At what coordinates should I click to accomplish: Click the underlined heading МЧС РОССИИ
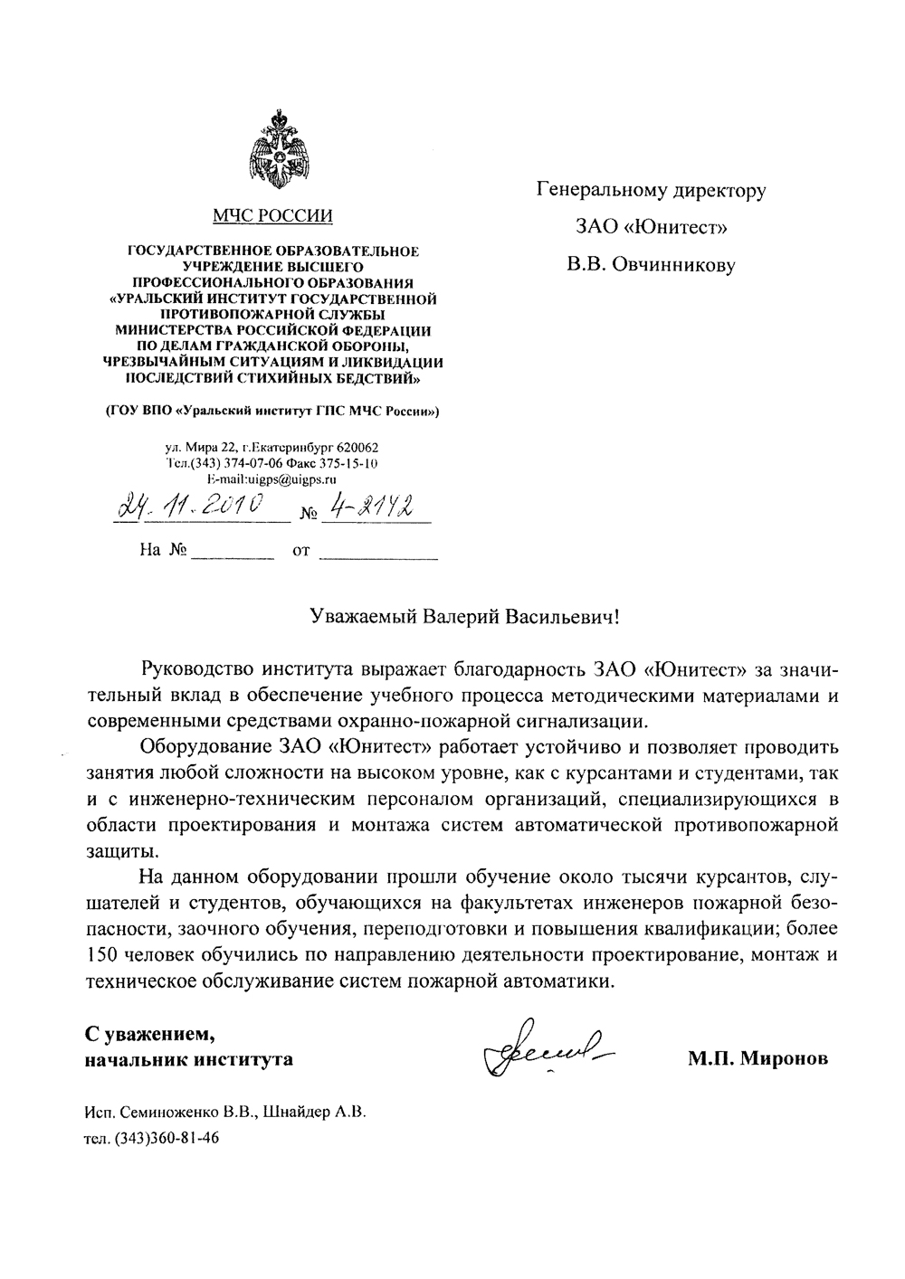tap(272, 215)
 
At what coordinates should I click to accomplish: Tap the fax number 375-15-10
tap(348, 463)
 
